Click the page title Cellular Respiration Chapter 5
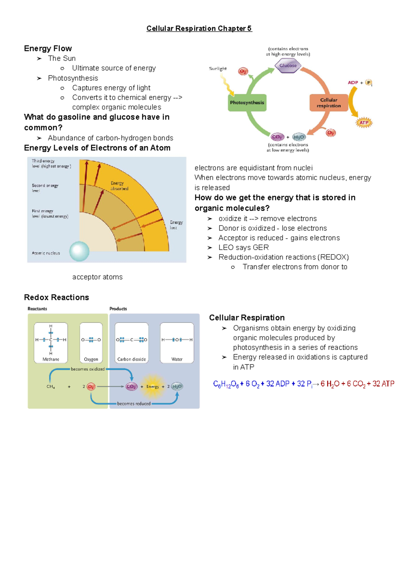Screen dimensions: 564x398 [x=199, y=29]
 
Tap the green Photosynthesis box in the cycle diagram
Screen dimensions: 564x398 [x=247, y=103]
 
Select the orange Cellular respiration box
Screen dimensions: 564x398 [x=328, y=103]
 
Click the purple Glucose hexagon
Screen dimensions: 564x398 [x=288, y=65]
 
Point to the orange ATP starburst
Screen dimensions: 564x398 [x=364, y=123]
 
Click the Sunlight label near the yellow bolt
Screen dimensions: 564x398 [x=218, y=69]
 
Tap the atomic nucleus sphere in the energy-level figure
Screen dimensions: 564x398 [x=79, y=251]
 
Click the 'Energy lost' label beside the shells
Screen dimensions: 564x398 [x=176, y=225]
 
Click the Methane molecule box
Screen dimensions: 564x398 [x=51, y=342]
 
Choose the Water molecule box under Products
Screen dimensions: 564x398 [x=177, y=342]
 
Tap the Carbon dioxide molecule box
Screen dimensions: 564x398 [x=131, y=342]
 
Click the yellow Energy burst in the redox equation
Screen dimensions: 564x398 [x=153, y=386]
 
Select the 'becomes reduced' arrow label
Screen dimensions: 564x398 [x=134, y=404]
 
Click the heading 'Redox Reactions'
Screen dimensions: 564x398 [x=56, y=297]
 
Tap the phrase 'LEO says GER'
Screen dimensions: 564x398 [x=243, y=247]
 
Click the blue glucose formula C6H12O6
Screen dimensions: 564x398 [x=226, y=384]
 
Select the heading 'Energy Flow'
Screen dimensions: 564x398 [x=48, y=48]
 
